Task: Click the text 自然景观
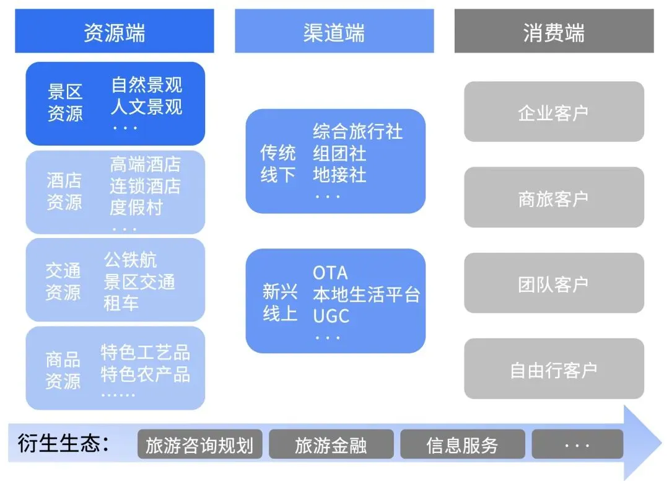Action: point(147,85)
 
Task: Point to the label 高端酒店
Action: point(146,164)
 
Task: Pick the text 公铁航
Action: point(131,260)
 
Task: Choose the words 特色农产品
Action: point(146,375)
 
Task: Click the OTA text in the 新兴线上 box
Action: point(330,273)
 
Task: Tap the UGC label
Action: point(331,316)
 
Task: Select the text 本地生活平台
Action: point(366,294)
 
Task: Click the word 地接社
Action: point(339,175)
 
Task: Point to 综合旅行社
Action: point(357,131)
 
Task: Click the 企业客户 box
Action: point(554,112)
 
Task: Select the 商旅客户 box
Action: point(554,198)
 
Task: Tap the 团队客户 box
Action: point(554,284)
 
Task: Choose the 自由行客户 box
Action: point(554,369)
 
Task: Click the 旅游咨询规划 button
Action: point(199,445)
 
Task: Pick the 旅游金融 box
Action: point(331,445)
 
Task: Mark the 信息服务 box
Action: point(462,445)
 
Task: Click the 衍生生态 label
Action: point(63,444)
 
